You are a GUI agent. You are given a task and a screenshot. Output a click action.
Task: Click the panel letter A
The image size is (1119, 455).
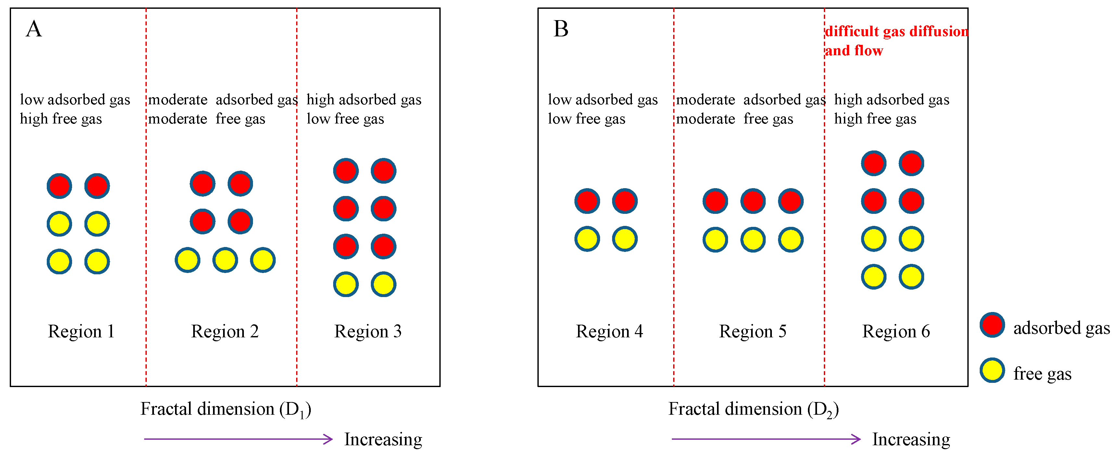pyautogui.click(x=34, y=29)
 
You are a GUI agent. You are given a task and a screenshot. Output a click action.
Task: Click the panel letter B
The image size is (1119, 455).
pyautogui.click(x=561, y=29)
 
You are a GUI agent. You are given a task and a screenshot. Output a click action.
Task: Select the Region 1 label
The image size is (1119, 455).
pyautogui.click(x=81, y=331)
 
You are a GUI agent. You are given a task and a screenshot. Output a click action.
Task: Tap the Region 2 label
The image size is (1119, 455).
pyautogui.click(x=225, y=331)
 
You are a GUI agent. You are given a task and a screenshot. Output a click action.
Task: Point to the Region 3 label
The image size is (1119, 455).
pyautogui.click(x=368, y=331)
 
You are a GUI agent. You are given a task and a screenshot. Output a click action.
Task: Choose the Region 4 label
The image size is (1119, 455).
pyautogui.click(x=609, y=331)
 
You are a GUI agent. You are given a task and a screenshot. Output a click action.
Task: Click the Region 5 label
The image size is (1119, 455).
pyautogui.click(x=752, y=331)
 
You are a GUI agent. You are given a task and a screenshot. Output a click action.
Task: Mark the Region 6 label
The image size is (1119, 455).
pyautogui.click(x=896, y=331)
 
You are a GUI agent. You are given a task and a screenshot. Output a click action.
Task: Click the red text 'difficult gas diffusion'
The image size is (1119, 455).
pyautogui.click(x=896, y=31)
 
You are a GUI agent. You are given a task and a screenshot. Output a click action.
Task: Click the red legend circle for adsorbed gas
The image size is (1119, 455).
pyautogui.click(x=992, y=325)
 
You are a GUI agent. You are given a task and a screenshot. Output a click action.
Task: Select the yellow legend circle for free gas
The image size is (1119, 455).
pyautogui.click(x=992, y=370)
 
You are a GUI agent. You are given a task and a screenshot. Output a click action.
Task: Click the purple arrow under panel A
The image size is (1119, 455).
pyautogui.click(x=238, y=439)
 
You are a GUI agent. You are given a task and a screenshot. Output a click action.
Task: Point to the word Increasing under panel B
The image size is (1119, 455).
pyautogui.click(x=911, y=439)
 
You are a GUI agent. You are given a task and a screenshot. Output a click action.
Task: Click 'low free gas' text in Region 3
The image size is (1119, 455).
pyautogui.click(x=345, y=119)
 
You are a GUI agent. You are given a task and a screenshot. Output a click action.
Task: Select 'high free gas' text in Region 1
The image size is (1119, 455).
pyautogui.click(x=61, y=119)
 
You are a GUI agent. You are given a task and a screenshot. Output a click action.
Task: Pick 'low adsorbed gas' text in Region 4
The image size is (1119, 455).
pyautogui.click(x=602, y=99)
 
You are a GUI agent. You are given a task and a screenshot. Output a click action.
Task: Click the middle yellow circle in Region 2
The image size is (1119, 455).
pyautogui.click(x=225, y=260)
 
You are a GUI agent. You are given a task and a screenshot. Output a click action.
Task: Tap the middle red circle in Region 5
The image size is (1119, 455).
pyautogui.click(x=753, y=201)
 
